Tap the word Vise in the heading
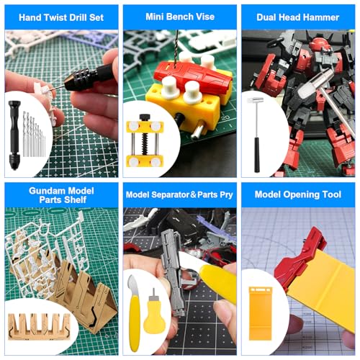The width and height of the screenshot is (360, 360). click(205, 17)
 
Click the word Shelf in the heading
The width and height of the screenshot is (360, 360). click(74, 199)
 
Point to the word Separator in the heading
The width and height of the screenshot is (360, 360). click(170, 194)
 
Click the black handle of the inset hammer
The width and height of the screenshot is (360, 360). click(257, 155)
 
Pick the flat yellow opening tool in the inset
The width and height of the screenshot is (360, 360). click(260, 313)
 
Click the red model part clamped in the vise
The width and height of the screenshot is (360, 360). click(192, 76)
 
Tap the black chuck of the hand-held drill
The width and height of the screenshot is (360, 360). click(77, 78)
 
